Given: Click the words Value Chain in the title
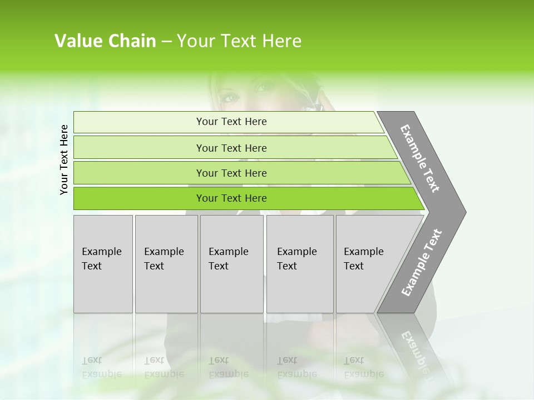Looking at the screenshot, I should pos(105,41).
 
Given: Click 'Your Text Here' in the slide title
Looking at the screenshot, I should pos(239,41).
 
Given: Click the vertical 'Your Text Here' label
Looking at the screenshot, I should pos(64,159).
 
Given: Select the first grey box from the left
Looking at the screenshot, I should pos(103,264).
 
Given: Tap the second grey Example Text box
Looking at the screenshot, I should pos(166,264).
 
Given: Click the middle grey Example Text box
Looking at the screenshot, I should pos(231,264).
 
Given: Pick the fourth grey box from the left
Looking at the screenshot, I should pos(300,264).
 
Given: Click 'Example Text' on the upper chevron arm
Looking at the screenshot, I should pos(420,158).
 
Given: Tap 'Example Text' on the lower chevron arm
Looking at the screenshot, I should pos(421,263).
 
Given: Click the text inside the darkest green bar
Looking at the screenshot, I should pos(231,198).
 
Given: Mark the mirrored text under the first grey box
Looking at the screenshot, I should pos(102,367).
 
